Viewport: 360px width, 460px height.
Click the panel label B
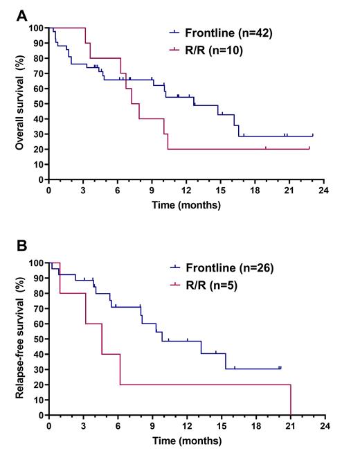click(23, 245)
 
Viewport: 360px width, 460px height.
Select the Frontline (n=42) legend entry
click(208, 32)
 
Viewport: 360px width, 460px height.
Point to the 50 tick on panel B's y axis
click(39, 339)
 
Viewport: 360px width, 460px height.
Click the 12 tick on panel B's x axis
click(186, 425)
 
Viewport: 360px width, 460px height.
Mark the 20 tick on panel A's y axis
click(39, 149)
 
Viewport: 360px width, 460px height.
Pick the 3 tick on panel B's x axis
click(83, 425)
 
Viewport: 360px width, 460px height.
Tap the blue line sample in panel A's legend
click(174, 32)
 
